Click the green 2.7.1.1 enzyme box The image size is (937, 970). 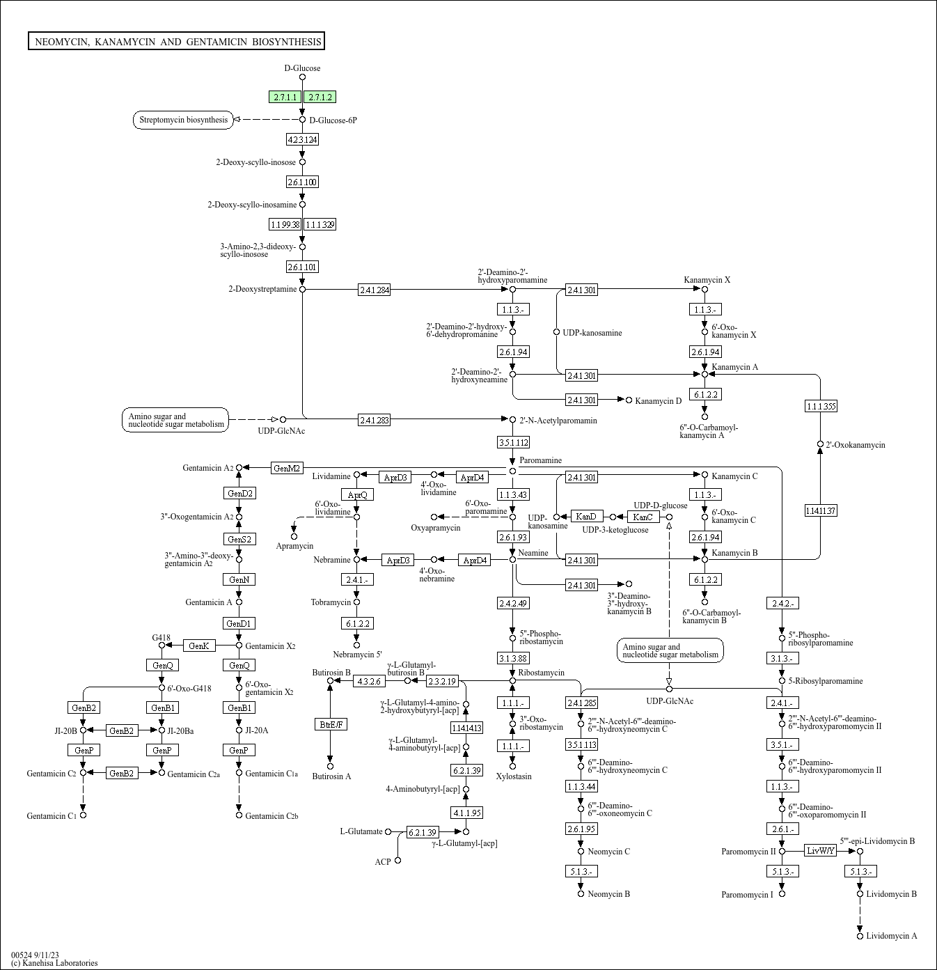click(285, 97)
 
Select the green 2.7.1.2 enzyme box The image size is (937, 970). click(320, 97)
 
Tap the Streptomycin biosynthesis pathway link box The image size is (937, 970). click(183, 120)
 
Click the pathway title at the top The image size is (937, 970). click(177, 42)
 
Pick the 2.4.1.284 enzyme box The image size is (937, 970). click(374, 290)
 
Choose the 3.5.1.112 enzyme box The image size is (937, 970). click(513, 442)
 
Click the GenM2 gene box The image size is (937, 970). click(287, 468)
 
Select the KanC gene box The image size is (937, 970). click(643, 517)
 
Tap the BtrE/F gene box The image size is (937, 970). click(331, 724)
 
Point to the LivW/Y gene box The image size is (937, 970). click(820, 850)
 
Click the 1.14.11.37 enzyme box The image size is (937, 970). click(820, 510)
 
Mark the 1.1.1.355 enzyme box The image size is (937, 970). click(821, 406)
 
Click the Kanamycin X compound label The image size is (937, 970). click(707, 280)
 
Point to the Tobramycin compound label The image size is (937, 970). click(331, 602)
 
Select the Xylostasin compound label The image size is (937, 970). click(513, 776)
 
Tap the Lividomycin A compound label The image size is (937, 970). click(891, 936)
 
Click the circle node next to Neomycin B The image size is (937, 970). click(581, 893)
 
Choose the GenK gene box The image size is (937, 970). click(199, 646)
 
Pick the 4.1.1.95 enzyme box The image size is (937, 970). click(466, 813)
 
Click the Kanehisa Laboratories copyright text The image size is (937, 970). click(54, 963)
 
